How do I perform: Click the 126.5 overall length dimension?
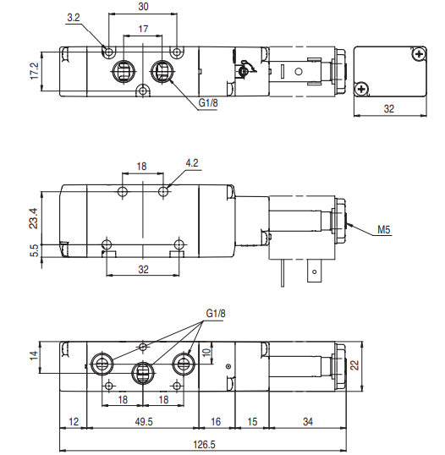coord(205,444)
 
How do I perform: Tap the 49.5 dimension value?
coord(144,422)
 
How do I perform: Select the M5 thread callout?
coord(384,230)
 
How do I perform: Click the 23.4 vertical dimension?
coord(34,218)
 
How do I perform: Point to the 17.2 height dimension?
coord(34,71)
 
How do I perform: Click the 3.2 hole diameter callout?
coord(74,18)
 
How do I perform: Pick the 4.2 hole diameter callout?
coord(192,163)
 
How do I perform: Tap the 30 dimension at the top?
coord(144,7)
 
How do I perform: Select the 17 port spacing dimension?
coord(143,29)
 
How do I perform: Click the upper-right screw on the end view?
coord(418,53)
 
